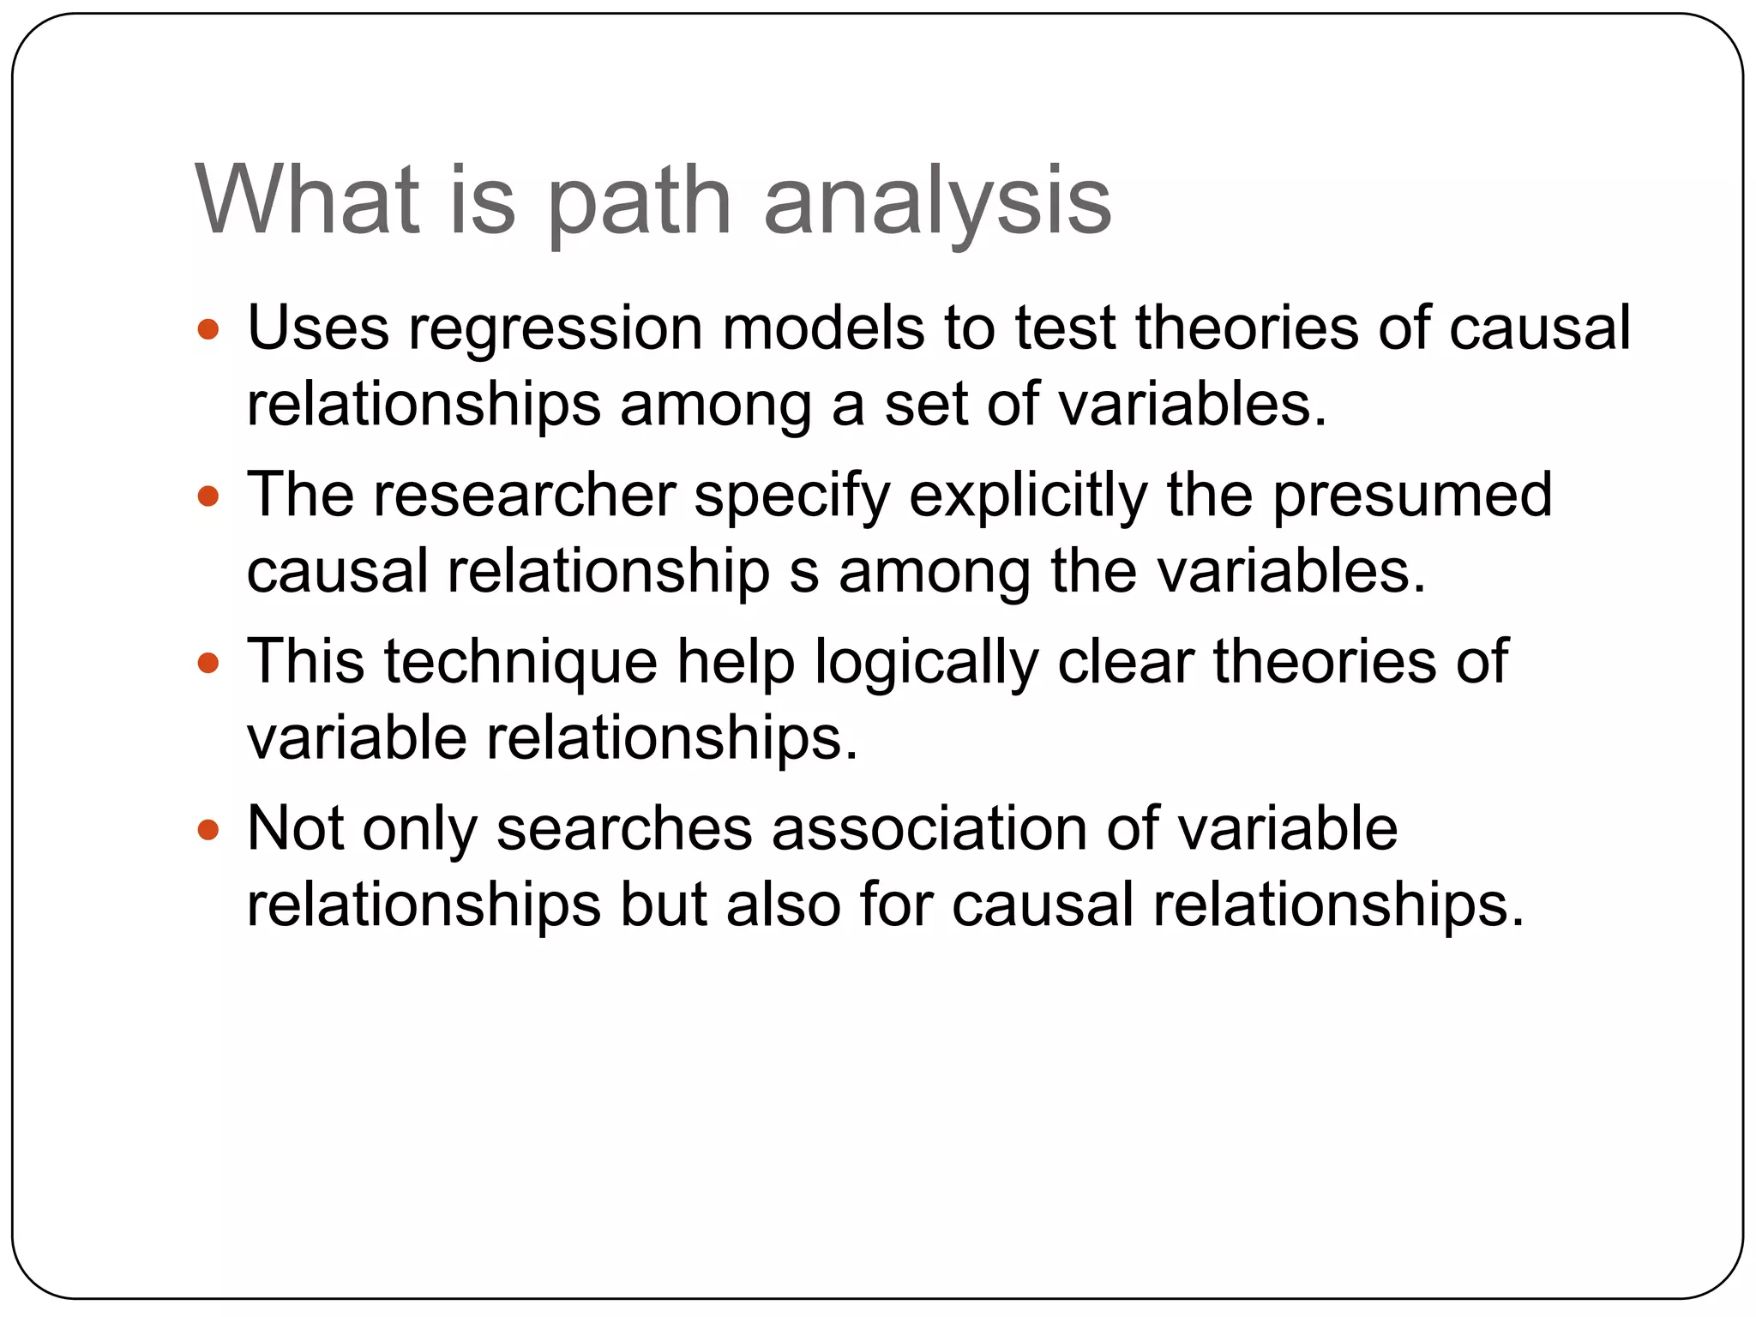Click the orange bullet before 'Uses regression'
[x=208, y=328]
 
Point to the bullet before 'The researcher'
[x=208, y=496]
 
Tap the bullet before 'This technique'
[x=208, y=663]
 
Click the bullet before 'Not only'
[x=208, y=830]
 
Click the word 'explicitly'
[x=1027, y=497]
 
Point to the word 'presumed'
[x=1411, y=497]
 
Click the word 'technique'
[x=520, y=664]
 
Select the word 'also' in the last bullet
[x=783, y=905]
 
